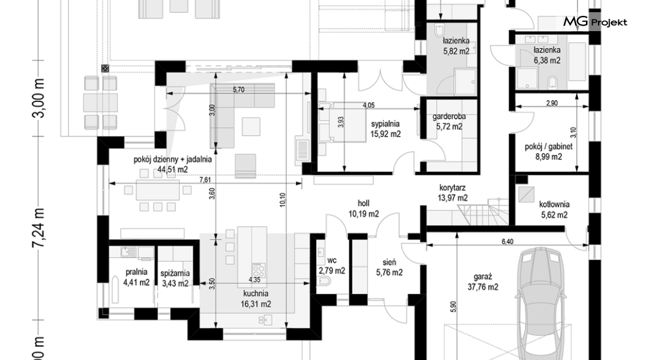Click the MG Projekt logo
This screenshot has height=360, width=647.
tap(595, 22)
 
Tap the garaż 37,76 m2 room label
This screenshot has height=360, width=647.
tap(482, 282)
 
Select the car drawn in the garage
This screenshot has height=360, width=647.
tap(541, 303)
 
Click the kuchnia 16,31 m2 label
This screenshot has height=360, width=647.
tap(256, 299)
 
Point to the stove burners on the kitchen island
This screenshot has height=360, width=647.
tap(259, 270)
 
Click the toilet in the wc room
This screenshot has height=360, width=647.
tap(325, 282)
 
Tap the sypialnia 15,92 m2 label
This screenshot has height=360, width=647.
tap(385, 129)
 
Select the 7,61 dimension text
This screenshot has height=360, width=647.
tap(205, 180)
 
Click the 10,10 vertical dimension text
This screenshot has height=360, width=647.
tap(282, 200)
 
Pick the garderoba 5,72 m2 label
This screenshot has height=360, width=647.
tap(449, 121)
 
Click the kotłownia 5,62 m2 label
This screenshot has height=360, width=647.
tap(554, 209)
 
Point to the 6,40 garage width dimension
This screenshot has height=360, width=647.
tap(508, 242)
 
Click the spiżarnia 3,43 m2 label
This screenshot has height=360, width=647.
tap(175, 278)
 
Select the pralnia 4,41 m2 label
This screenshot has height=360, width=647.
tap(136, 277)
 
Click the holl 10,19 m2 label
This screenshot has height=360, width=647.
tap(364, 209)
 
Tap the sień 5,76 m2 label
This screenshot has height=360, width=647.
tap(389, 267)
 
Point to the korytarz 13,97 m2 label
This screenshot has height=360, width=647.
tap(453, 193)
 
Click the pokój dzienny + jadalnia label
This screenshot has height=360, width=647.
tap(173, 160)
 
